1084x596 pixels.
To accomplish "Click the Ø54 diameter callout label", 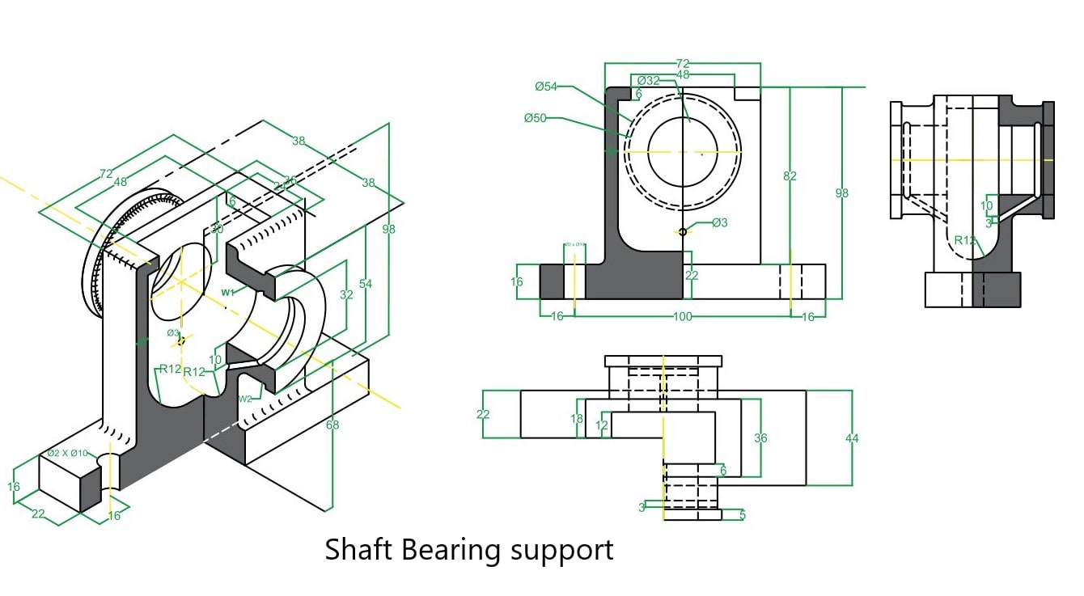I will (546, 86).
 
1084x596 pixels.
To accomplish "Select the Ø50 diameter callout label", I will (535, 118).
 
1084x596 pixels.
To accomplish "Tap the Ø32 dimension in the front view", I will (648, 81).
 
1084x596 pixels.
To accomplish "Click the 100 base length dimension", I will (682, 316).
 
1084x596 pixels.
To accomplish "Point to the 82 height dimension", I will (790, 175).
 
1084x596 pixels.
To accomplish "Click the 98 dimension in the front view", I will (842, 192).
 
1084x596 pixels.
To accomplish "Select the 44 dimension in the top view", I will (852, 438).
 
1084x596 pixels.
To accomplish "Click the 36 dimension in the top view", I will (760, 438).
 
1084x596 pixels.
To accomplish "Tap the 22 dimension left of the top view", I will (484, 414).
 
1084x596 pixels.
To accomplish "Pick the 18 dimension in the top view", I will (577, 419).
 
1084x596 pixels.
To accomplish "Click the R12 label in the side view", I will (963, 240).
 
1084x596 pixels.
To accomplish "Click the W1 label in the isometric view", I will (228, 292).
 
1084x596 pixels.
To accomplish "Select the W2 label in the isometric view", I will (244, 399).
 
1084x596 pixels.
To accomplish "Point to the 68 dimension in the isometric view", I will (332, 425).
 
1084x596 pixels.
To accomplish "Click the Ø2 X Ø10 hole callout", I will (67, 453).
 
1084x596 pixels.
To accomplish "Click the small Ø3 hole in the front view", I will (683, 232).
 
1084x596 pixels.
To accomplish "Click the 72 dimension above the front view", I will (683, 63).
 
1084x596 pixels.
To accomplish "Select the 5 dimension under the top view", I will (743, 514).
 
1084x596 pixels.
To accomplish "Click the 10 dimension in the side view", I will (986, 206).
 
